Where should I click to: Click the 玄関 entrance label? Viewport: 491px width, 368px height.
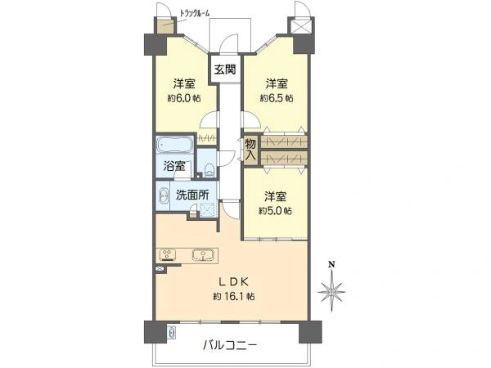click(225, 69)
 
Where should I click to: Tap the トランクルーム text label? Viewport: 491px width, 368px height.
click(195, 13)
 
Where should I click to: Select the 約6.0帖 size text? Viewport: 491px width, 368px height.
click(184, 98)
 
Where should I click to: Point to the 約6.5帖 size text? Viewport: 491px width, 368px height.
click(277, 98)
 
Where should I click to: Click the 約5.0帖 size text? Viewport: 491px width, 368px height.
click(275, 211)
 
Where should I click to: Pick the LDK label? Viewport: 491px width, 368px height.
click(233, 282)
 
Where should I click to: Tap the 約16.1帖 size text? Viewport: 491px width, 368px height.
click(233, 296)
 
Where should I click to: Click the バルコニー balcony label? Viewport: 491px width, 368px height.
click(230, 345)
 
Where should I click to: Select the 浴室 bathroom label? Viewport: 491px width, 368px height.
click(174, 166)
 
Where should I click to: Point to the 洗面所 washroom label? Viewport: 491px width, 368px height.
click(192, 195)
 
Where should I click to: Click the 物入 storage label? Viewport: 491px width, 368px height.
click(251, 150)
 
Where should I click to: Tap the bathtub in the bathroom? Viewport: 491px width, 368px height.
click(175, 145)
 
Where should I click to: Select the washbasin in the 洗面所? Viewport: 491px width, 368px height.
click(163, 196)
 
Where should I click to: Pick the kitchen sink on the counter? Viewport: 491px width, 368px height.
click(203, 254)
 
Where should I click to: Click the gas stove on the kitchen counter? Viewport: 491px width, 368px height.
click(168, 254)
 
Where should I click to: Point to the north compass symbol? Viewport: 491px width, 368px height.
click(331, 291)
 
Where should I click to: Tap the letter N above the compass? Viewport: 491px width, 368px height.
click(331, 265)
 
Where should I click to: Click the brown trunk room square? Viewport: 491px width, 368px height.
click(164, 26)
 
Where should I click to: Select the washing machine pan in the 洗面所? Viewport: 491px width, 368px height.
click(208, 209)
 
